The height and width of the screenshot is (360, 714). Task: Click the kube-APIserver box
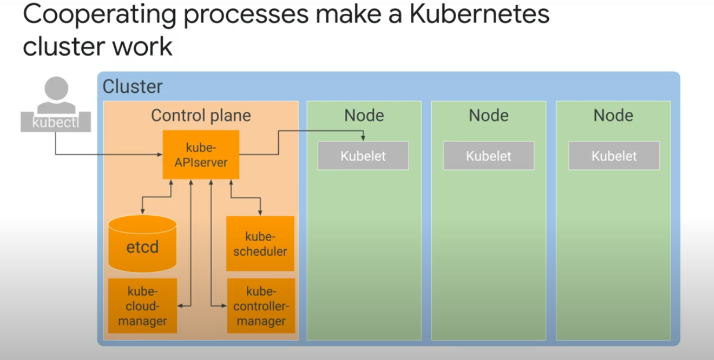click(201, 155)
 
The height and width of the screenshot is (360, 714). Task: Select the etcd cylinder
click(143, 244)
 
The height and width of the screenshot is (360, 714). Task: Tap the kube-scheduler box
click(260, 243)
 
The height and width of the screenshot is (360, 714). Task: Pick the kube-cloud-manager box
click(143, 306)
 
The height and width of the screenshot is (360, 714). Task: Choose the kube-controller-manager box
click(261, 306)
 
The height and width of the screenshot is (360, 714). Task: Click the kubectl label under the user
click(56, 122)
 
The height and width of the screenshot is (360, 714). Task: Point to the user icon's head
click(56, 88)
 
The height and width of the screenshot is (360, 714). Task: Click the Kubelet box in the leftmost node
click(363, 155)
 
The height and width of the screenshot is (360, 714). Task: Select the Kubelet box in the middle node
click(489, 155)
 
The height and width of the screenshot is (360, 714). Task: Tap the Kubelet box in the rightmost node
click(614, 155)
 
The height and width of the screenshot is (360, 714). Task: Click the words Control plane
click(201, 115)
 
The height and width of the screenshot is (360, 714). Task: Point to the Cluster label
click(133, 86)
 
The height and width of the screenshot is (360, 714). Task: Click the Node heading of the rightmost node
click(613, 115)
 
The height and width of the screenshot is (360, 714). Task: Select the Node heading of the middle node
click(489, 115)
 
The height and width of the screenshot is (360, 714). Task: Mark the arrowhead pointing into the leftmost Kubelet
click(363, 138)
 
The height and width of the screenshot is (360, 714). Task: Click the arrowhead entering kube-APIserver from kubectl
click(159, 155)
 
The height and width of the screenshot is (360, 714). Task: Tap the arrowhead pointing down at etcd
click(143, 212)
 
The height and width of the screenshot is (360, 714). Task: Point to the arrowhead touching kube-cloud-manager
click(180, 306)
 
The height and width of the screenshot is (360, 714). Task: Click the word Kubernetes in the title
click(479, 14)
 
